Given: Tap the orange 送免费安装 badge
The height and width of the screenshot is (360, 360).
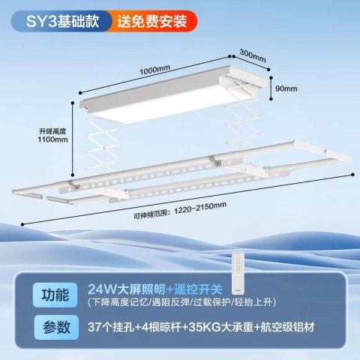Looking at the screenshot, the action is (152, 21).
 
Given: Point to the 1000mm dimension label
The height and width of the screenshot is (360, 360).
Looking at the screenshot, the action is (154, 70).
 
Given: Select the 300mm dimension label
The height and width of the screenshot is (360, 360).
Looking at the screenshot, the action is (253, 55).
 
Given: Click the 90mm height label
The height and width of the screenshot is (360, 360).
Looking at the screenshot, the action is (286, 88).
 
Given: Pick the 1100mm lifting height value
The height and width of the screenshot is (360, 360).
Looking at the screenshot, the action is (52, 139).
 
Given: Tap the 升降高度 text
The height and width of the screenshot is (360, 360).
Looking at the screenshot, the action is (52, 131).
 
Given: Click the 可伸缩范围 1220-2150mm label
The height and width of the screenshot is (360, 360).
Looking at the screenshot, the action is (180, 211).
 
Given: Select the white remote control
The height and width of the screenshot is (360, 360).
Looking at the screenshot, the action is (238, 272).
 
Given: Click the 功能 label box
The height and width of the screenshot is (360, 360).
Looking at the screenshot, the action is (55, 295).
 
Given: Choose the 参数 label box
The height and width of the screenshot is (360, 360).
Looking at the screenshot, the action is (56, 327).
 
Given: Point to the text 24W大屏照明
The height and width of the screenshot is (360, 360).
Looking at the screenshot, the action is (127, 289).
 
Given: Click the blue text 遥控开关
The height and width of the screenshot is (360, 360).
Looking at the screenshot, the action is (198, 289).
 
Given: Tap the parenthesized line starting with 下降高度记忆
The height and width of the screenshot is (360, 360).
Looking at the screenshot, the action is (182, 302).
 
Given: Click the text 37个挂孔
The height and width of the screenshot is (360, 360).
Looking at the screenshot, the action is (111, 327).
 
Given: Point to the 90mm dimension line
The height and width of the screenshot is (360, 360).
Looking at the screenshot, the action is (271, 88).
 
